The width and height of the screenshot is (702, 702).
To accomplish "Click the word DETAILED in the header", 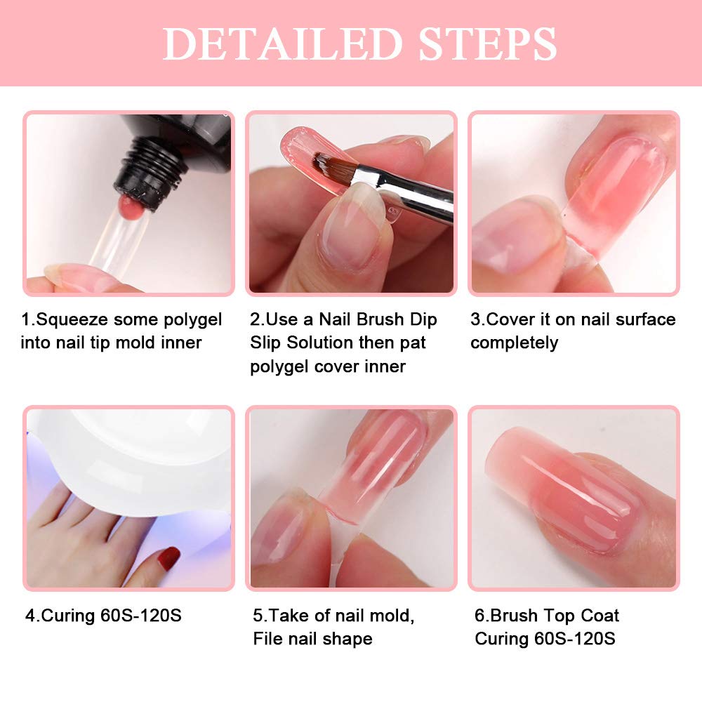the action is click(283, 44).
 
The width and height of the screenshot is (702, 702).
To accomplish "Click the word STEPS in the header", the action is click(488, 44).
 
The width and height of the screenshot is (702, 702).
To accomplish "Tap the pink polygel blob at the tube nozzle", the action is click(131, 206).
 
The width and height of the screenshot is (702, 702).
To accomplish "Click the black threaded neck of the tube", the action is click(150, 173).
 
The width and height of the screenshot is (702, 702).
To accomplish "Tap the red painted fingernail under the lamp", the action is click(170, 558).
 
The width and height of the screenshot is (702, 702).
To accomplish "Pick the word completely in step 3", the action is click(515, 344).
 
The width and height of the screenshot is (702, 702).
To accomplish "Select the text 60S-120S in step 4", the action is click(141, 616).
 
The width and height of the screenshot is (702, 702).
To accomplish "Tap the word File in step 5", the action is click(267, 639).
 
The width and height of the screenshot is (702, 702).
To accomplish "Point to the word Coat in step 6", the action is click(600, 616).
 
